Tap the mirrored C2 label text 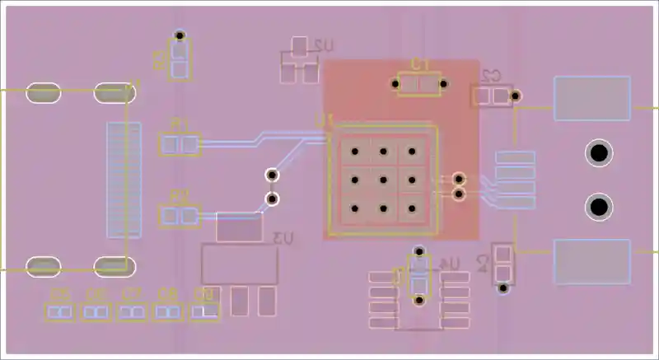click(x=493, y=76)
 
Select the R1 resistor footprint click(x=180, y=146)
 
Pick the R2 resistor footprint click(x=179, y=217)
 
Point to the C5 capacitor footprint click(x=58, y=311)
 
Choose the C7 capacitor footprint click(x=132, y=311)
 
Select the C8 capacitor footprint click(x=169, y=311)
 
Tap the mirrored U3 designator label click(x=283, y=239)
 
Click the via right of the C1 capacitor click(x=444, y=82)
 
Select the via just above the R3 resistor click(x=180, y=36)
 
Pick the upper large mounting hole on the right click(x=599, y=153)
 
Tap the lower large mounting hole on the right click(x=599, y=206)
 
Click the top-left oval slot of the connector click(x=43, y=93)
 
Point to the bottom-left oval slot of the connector click(x=43, y=266)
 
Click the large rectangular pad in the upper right click(x=591, y=98)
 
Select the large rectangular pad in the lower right click(x=591, y=261)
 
